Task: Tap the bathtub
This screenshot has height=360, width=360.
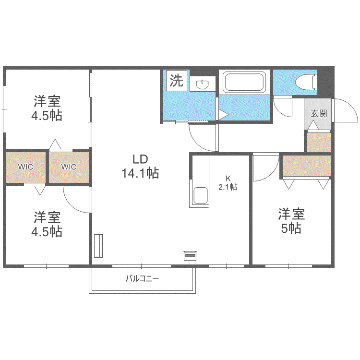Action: [x=244, y=82]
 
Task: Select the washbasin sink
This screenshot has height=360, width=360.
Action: [x=203, y=84]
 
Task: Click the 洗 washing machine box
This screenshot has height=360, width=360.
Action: [x=177, y=80]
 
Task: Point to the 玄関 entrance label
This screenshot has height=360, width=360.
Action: [x=319, y=113]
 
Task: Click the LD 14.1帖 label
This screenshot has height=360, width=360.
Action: [x=140, y=166]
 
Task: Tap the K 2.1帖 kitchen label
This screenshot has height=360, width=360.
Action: [x=228, y=183]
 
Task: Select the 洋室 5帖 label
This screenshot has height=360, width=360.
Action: [x=291, y=221]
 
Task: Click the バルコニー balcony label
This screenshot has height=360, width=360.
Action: [x=142, y=279]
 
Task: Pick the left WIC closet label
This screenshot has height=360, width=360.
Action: [x=25, y=167]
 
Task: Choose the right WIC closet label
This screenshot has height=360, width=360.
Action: [x=69, y=167]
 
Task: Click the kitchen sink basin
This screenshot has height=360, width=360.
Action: [x=201, y=195]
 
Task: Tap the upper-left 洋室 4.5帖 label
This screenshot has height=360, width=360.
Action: [x=47, y=108]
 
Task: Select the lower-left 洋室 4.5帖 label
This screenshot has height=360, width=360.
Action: [x=47, y=224]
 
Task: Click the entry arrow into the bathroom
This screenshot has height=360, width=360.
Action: [x=223, y=115]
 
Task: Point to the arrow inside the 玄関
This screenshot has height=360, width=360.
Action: [x=313, y=125]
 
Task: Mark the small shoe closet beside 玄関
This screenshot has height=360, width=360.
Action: [x=319, y=143]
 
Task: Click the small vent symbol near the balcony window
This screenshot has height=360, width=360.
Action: [x=190, y=255]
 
